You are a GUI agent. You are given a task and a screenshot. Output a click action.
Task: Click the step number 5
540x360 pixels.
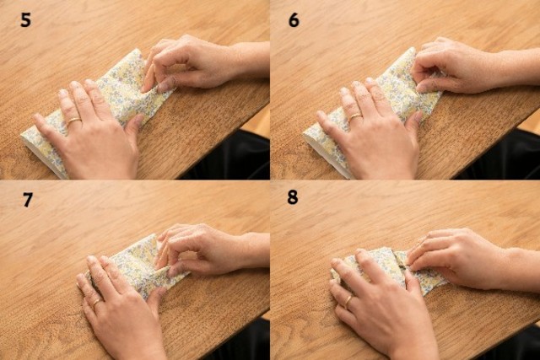click(26, 20)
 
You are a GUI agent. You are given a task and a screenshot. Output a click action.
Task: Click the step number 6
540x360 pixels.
click(294, 20)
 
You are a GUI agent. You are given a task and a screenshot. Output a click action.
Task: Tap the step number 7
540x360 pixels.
click(28, 200)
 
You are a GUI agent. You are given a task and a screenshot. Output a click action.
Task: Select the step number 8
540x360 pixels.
click(293, 197)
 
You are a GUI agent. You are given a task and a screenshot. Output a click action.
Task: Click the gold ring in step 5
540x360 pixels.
click(74, 121)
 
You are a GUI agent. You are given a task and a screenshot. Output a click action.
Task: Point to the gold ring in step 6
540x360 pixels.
click(354, 117)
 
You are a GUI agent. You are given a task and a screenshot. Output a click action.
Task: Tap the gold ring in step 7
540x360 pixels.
click(97, 303)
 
